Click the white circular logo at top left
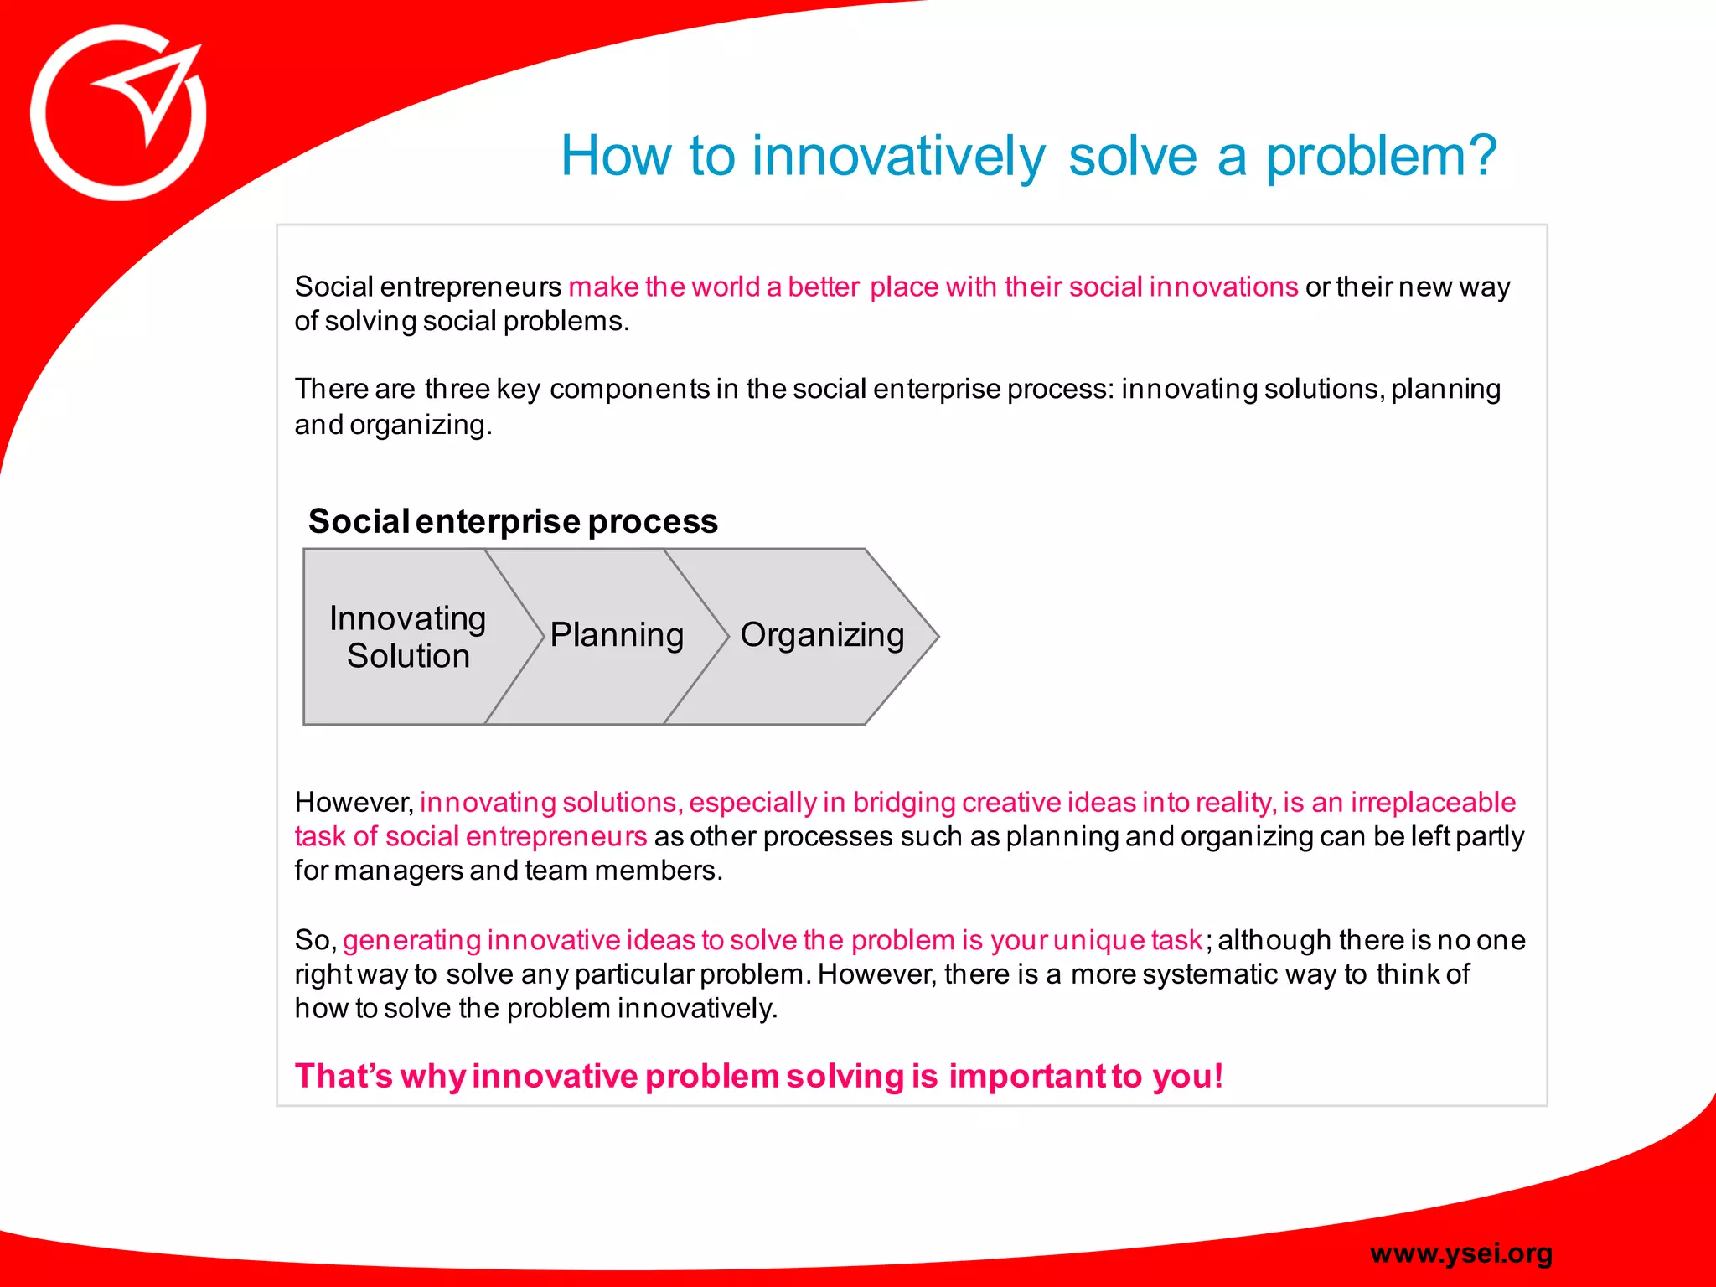118,113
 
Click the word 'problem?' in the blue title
1381,157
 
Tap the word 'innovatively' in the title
898,157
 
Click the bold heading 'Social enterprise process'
513,521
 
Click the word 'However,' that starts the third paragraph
354,803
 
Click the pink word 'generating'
411,940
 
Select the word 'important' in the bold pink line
1028,1076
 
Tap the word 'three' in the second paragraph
457,390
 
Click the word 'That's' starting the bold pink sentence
344,1076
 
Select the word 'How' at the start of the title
616,157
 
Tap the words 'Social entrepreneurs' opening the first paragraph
427,287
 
